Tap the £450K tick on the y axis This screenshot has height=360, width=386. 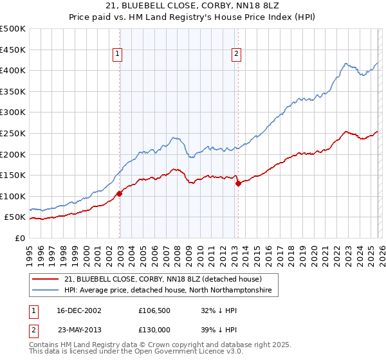(x=13, y=50)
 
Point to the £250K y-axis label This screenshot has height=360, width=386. (x=13, y=133)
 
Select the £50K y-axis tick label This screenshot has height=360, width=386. (x=15, y=217)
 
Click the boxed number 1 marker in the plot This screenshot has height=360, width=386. (x=118, y=55)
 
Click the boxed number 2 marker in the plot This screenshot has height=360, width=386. (x=237, y=55)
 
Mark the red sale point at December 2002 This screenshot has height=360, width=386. (x=120, y=194)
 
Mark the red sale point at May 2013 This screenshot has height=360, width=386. (x=238, y=183)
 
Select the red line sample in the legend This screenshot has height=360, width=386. (x=46, y=280)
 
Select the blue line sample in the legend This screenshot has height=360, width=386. (x=46, y=291)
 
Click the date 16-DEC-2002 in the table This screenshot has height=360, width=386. (x=78, y=310)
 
